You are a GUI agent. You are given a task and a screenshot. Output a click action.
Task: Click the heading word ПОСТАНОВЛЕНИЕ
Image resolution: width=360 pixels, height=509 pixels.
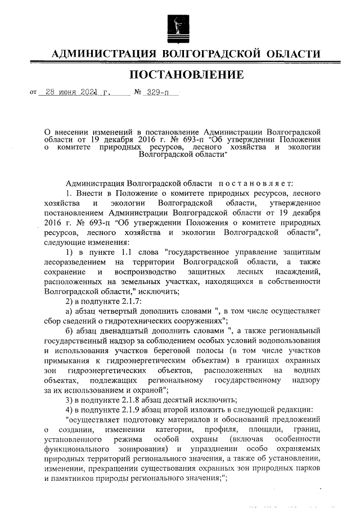pyautogui.click(x=187, y=75)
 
